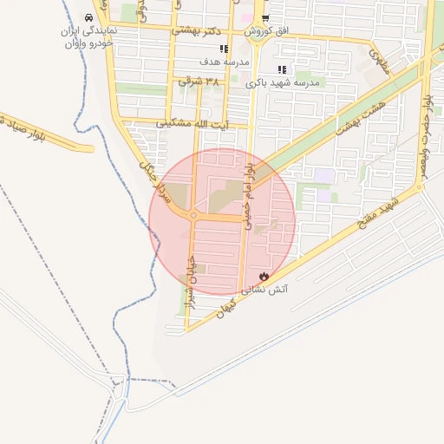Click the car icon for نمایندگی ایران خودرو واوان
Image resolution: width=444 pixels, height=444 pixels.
(89, 17)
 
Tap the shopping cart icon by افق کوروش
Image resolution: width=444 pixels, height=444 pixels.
(265, 17)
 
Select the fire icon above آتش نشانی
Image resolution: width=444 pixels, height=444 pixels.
(264, 276)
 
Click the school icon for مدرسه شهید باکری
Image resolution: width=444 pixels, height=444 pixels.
(281, 69)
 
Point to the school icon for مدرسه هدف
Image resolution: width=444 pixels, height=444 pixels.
(224, 49)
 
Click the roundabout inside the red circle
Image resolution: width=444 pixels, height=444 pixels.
(193, 216)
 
